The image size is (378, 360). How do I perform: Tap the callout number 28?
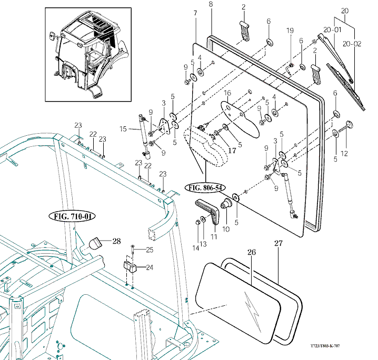tap(116, 241)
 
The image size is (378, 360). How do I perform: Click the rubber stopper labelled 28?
tap(95, 244)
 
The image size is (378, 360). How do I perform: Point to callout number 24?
tap(150, 267)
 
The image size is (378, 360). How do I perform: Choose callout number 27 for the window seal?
tap(278, 243)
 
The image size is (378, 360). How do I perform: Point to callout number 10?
tap(226, 229)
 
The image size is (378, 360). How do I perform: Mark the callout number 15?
tap(123, 129)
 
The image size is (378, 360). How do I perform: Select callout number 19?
tap(290, 32)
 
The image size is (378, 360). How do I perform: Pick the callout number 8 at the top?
tap(211, 5)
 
